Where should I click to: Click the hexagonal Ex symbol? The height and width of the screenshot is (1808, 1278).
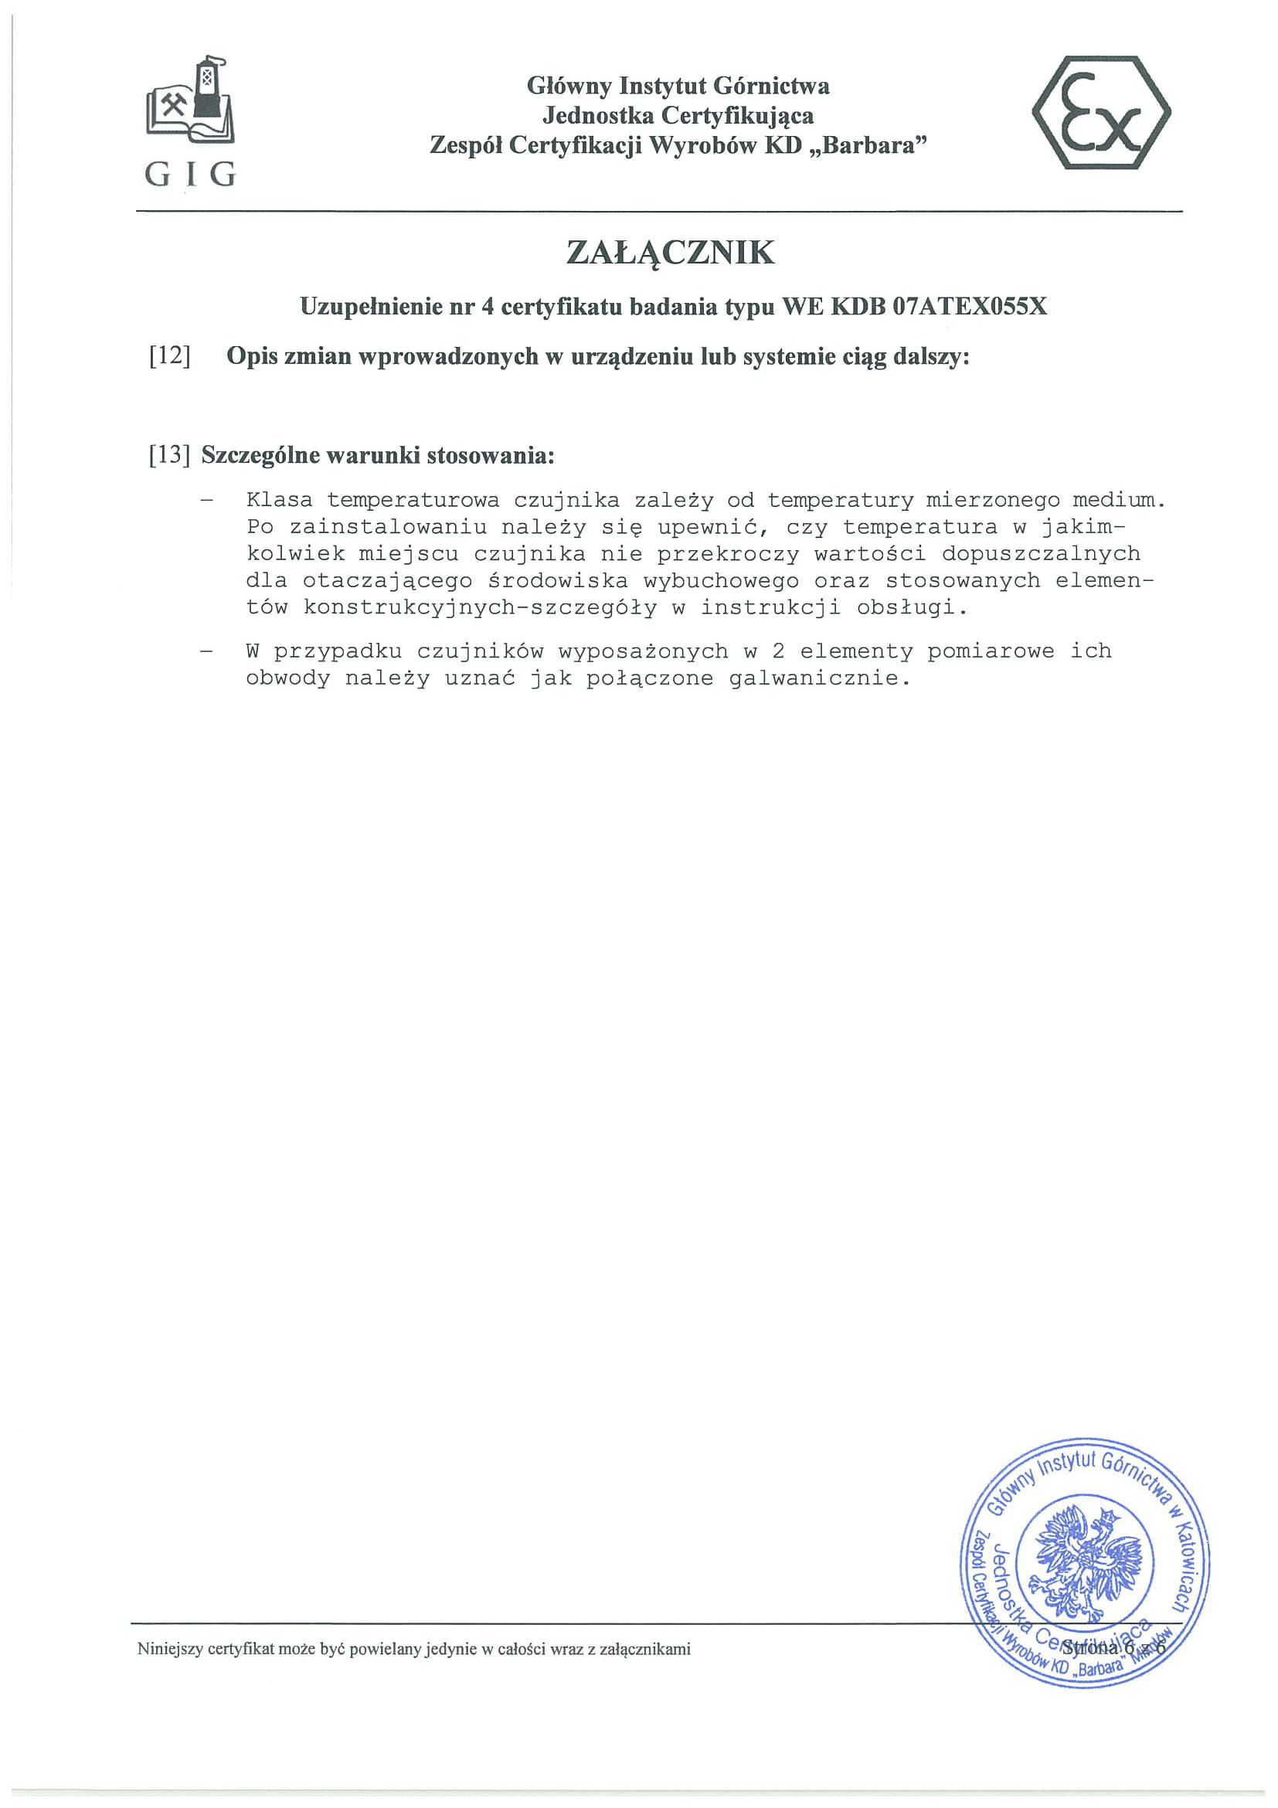(x=1101, y=113)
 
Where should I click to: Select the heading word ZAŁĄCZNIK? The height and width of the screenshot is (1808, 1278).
(x=670, y=253)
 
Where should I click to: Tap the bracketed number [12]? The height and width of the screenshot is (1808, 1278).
(x=170, y=357)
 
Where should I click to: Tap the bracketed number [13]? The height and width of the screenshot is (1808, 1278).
(x=170, y=455)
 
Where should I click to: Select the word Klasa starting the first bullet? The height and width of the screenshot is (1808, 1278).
(x=279, y=500)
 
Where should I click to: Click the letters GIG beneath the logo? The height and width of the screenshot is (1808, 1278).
(x=190, y=174)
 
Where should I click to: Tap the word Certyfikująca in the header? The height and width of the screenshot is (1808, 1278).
(x=737, y=116)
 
